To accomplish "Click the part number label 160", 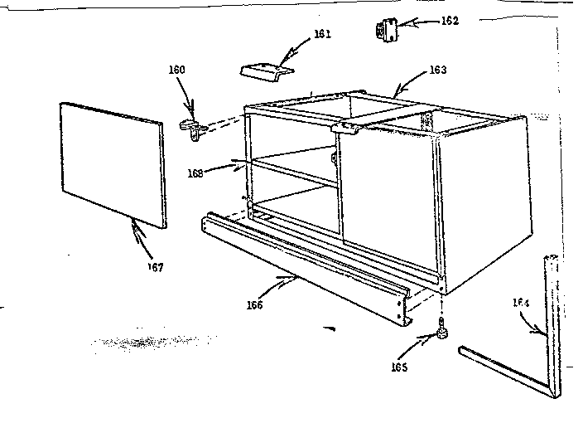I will (177, 70).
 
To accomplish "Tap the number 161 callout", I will (299, 34).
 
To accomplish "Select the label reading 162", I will (449, 20).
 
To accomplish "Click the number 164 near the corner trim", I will (519, 304).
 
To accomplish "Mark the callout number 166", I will (254, 305).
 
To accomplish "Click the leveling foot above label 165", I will (443, 333).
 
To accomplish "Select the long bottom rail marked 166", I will (306, 265).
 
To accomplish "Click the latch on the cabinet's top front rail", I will (347, 128).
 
